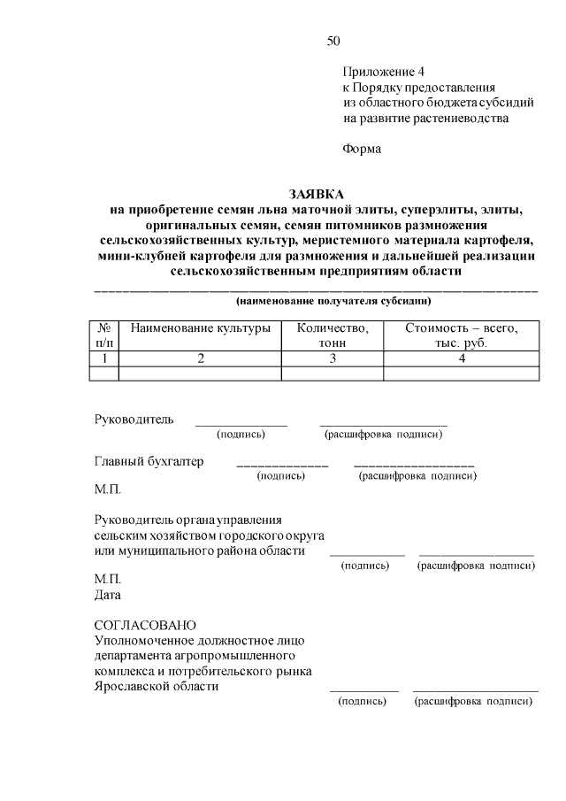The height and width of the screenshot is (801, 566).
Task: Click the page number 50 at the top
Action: (x=333, y=41)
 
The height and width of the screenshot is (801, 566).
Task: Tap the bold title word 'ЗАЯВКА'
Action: (x=316, y=194)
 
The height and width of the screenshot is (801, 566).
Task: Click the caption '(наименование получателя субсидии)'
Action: (x=316, y=301)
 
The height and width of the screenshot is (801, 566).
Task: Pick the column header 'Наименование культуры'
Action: (x=200, y=328)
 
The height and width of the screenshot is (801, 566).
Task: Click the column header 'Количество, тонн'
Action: (x=333, y=335)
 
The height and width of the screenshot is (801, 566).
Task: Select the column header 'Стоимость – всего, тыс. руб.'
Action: (x=461, y=335)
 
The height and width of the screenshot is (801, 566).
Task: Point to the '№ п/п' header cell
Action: (x=104, y=335)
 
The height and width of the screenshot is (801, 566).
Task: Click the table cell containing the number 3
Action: (x=333, y=358)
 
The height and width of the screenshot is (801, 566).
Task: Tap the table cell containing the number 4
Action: (x=461, y=358)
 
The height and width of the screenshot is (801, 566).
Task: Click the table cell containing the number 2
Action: (x=200, y=358)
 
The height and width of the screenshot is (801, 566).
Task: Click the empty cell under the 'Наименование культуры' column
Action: (x=200, y=374)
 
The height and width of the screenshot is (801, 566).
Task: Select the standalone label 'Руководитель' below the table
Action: (x=134, y=419)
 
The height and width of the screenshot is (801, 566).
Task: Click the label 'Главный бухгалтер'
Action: (x=149, y=461)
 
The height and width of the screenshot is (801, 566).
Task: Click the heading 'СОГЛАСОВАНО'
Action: (x=145, y=625)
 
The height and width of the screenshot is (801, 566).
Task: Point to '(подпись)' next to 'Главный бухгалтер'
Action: (x=280, y=476)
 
